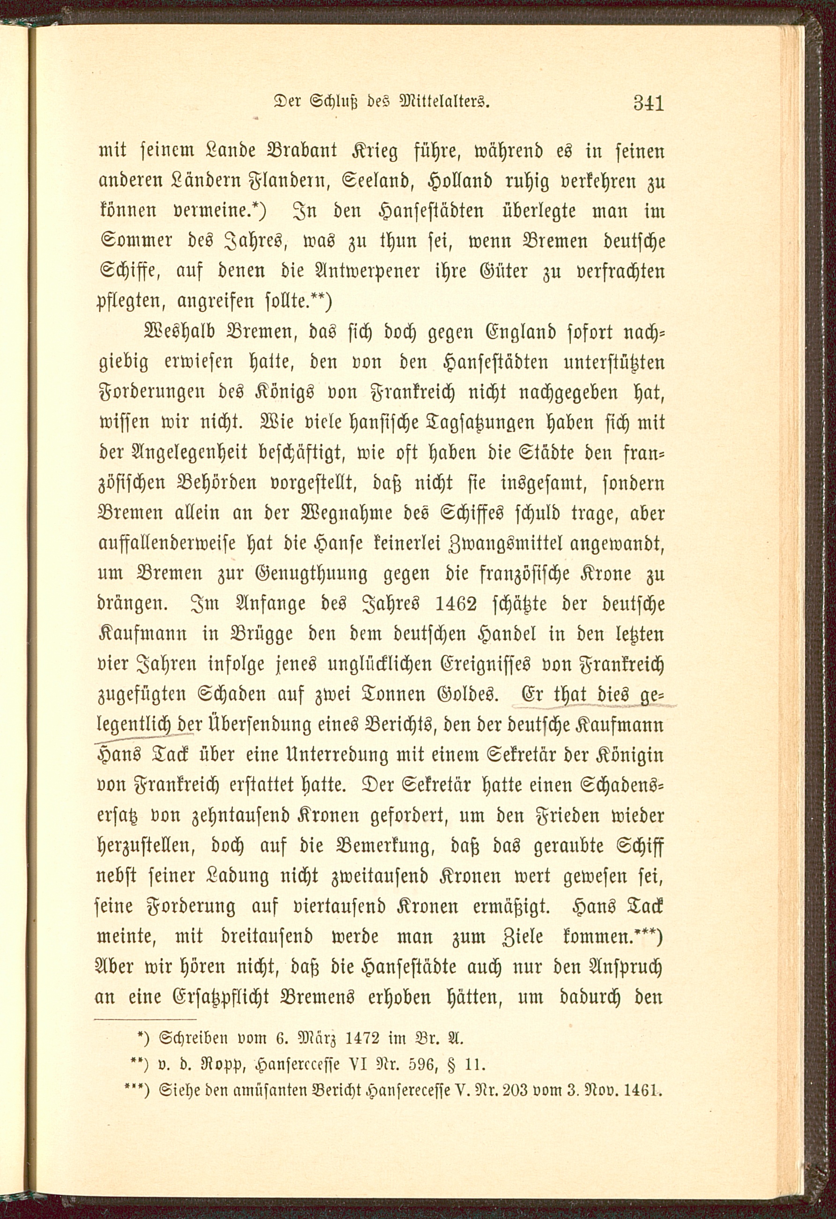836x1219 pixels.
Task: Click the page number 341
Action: pos(648,102)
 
